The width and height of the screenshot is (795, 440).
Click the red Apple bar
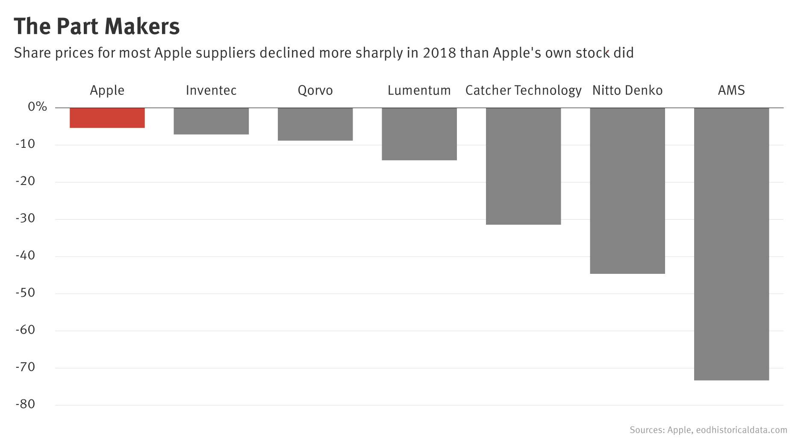tap(107, 118)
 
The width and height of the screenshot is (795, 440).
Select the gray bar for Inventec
tap(211, 121)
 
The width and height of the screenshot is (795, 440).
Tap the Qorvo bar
tap(315, 124)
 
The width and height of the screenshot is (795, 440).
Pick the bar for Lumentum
tap(419, 134)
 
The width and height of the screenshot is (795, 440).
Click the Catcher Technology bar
tap(523, 166)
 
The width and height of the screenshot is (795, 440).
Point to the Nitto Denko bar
tap(627, 191)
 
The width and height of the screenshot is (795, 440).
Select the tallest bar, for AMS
tap(731, 244)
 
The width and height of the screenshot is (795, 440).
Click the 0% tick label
tap(37, 107)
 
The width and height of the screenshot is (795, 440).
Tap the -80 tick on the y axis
tap(25, 405)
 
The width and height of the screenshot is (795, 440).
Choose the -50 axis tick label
tap(25, 293)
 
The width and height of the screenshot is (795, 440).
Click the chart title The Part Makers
tap(97, 26)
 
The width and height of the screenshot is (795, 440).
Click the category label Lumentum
tap(419, 91)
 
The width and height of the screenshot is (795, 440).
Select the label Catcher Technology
tap(523, 91)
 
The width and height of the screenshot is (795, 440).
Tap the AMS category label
tap(731, 91)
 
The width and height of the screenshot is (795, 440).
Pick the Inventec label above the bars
tap(211, 91)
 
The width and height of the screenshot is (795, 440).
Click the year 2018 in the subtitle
tap(439, 53)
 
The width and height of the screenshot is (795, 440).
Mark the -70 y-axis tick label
tap(25, 367)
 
